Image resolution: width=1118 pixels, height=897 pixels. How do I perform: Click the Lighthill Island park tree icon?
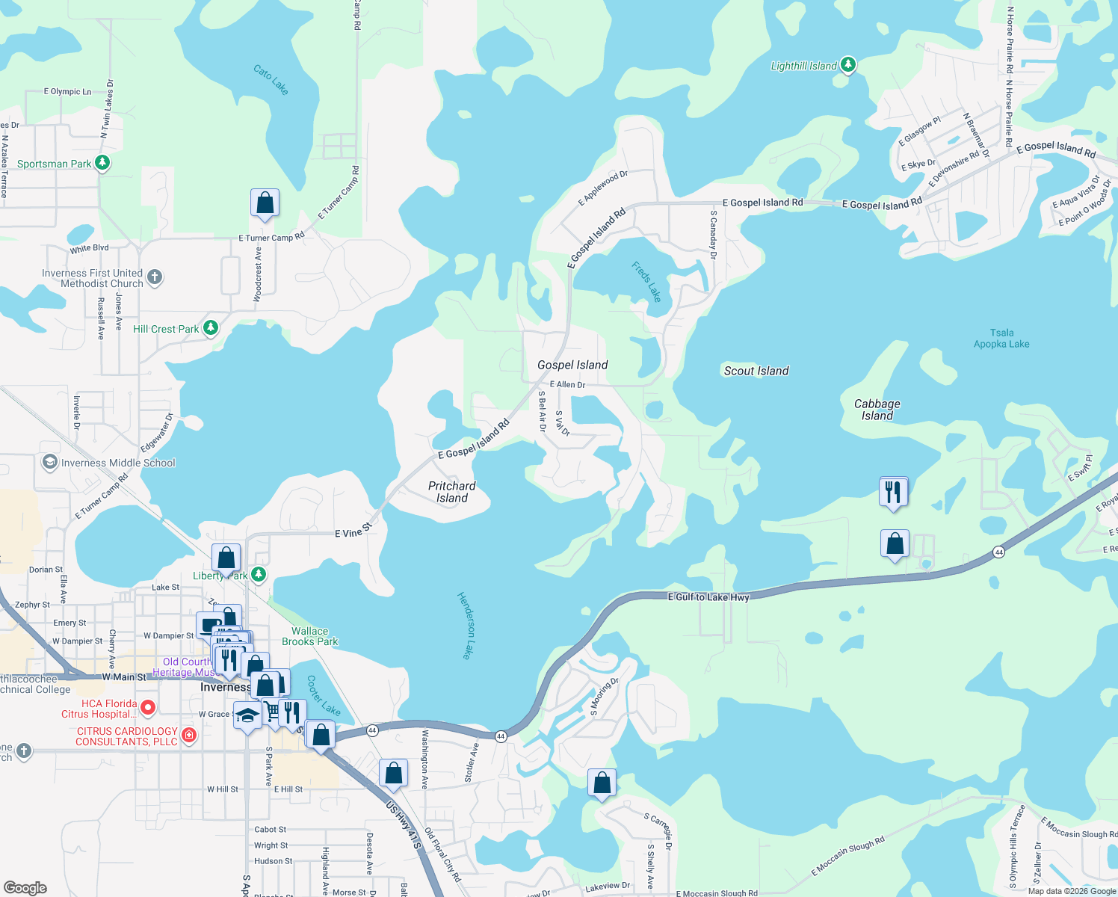pos(847,65)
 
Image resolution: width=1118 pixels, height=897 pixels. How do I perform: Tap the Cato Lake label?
pos(271,79)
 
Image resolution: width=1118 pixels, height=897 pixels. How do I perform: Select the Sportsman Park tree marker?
pos(103,162)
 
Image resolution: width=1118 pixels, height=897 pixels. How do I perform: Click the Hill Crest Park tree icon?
pos(211,327)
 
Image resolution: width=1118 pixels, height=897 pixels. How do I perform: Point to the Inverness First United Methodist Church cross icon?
pos(155,278)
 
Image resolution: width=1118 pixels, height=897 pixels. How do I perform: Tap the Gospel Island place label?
pos(572,365)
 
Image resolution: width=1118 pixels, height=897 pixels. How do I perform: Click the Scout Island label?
pos(756,371)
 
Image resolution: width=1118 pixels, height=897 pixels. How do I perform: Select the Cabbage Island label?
pos(877,410)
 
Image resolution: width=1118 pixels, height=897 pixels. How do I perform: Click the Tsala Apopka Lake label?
pos(1001,339)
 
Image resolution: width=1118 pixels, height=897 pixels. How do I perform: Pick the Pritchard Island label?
pos(451,492)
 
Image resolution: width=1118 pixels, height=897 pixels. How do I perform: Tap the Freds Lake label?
pos(646,282)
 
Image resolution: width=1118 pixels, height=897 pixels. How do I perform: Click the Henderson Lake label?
pos(465,625)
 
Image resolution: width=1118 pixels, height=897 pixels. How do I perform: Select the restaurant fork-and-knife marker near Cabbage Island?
pos(893,493)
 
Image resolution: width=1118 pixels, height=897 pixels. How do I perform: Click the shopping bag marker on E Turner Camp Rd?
pos(265,203)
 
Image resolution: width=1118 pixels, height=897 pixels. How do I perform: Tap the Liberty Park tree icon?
pos(258,574)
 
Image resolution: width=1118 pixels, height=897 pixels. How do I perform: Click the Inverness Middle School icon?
pos(49,463)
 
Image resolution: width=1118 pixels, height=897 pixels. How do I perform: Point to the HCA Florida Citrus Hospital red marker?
pos(148,707)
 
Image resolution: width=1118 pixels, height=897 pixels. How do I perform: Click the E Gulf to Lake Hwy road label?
pos(708,597)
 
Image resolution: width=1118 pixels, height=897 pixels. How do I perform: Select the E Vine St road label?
pos(353,532)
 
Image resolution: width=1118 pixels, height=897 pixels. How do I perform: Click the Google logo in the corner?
pos(25,887)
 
